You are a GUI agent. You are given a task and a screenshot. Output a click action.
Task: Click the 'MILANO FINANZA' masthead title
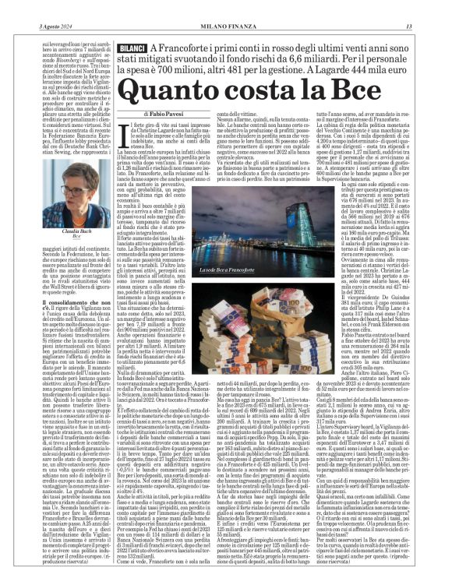point(226,7)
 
